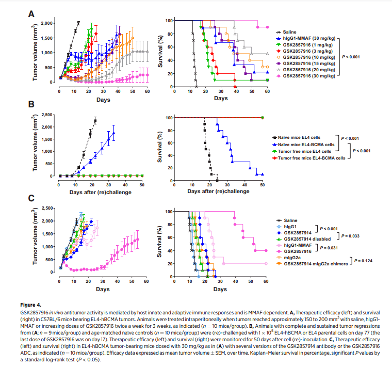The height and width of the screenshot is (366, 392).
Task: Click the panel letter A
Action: (x=31, y=14)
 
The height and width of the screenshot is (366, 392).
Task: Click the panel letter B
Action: (x=31, y=105)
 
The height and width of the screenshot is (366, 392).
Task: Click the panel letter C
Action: (x=31, y=197)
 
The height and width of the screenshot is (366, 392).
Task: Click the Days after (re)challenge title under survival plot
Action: (x=219, y=191)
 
